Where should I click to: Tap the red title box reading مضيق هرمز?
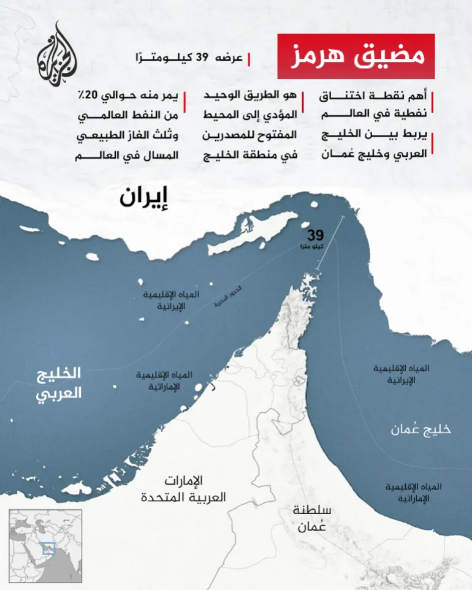coord(356,56)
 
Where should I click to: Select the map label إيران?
coord(145,198)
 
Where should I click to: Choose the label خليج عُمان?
coord(421,429)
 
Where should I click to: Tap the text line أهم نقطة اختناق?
coord(375,96)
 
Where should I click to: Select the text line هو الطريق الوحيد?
coord(251,96)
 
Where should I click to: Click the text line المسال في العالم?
coord(128,155)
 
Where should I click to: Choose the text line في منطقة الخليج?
coord(251,155)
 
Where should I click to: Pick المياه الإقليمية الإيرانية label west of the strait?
coord(171,300)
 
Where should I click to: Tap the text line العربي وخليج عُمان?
coord(375,155)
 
